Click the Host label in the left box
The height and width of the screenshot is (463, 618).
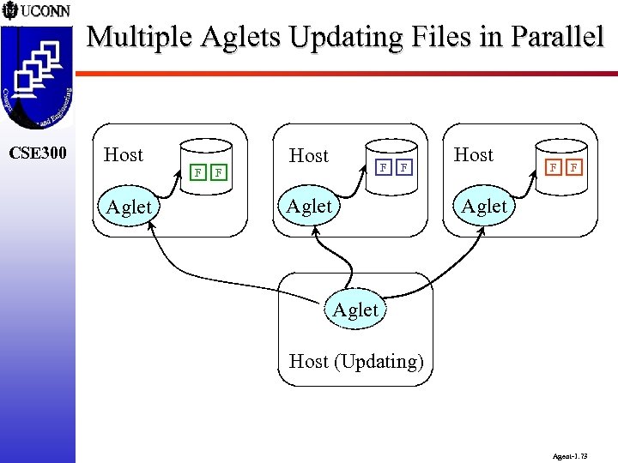pyautogui.click(x=123, y=154)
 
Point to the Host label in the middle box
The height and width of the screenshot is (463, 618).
pyautogui.click(x=309, y=155)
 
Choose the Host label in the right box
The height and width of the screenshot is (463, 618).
pyautogui.click(x=473, y=154)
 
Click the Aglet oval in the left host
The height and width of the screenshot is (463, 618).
pyautogui.click(x=129, y=207)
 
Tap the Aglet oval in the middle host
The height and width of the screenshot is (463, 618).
pyautogui.click(x=309, y=206)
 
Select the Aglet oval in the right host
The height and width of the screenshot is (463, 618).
pyautogui.click(x=484, y=206)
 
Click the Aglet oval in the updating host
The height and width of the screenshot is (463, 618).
pyautogui.click(x=355, y=310)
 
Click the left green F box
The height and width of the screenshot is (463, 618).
pyautogui.click(x=198, y=172)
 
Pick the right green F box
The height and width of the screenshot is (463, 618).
pyautogui.click(x=218, y=172)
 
